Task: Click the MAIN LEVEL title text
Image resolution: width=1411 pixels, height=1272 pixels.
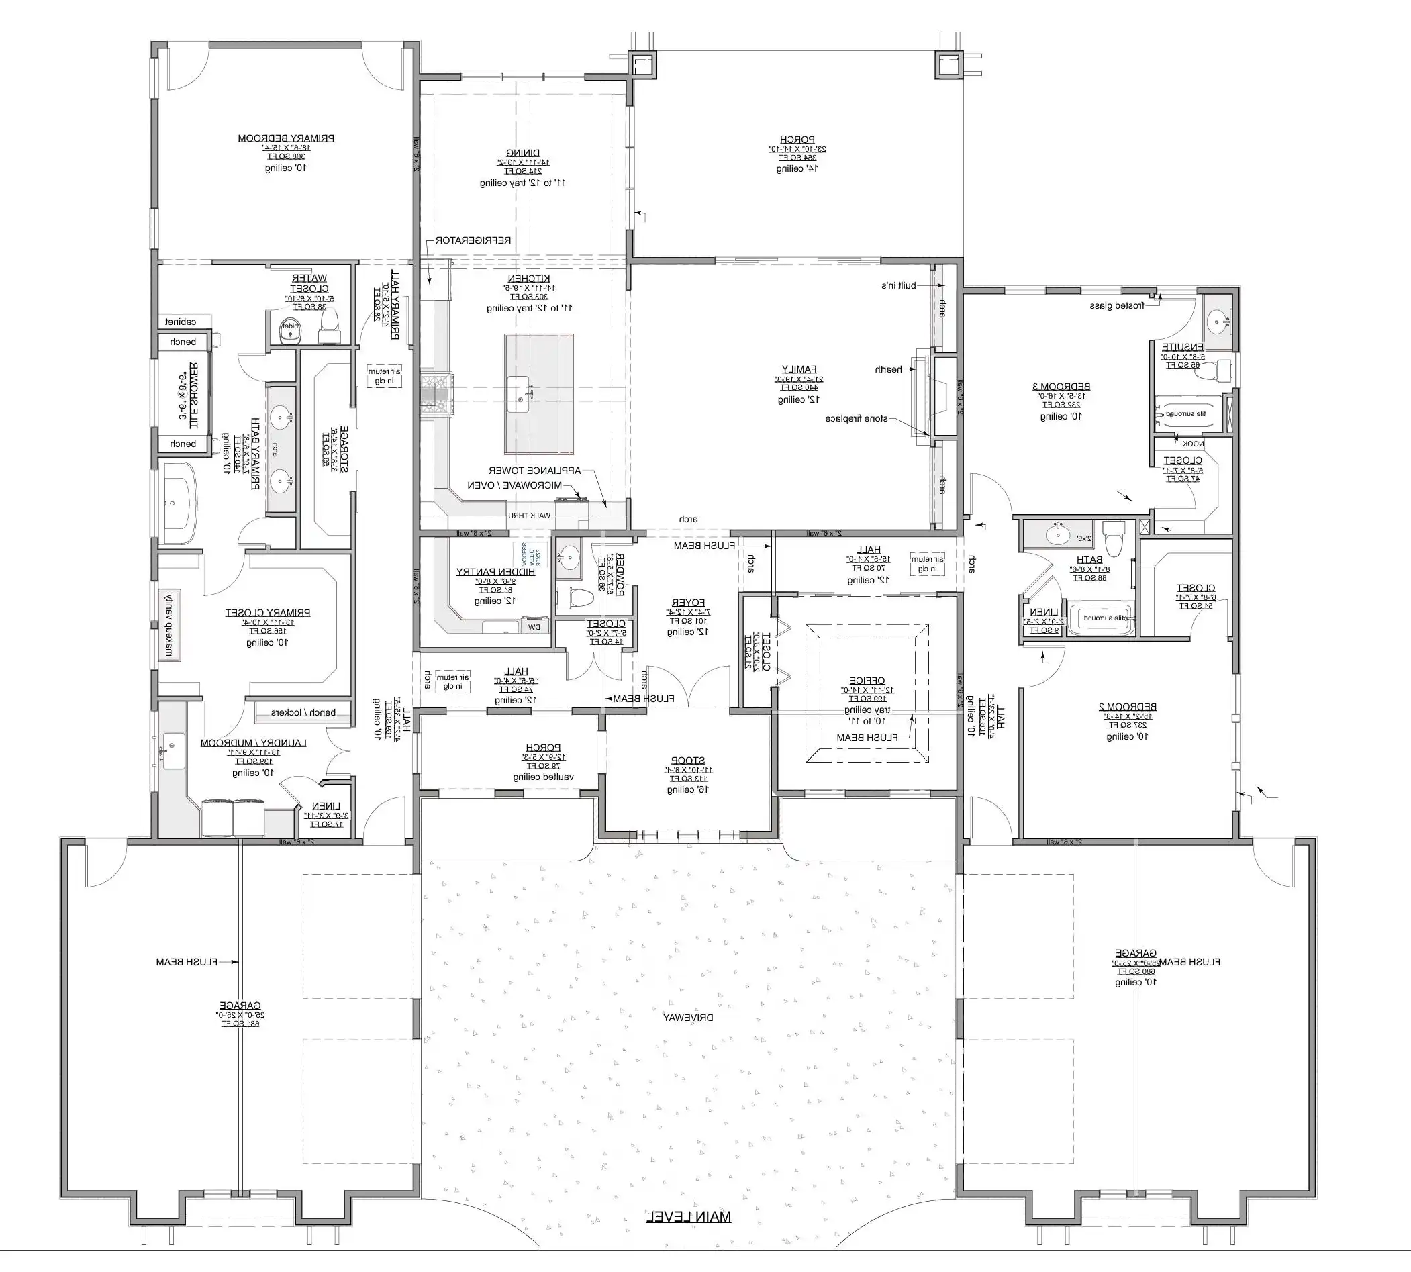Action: pos(688,1217)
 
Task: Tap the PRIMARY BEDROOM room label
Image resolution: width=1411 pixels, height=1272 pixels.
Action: pos(286,138)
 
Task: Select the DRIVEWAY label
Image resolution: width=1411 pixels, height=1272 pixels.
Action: pos(688,1018)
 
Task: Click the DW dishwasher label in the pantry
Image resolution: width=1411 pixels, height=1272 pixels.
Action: pos(534,627)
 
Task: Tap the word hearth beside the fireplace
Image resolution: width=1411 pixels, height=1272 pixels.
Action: pos(886,369)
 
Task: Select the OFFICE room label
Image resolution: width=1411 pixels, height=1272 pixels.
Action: pos(867,680)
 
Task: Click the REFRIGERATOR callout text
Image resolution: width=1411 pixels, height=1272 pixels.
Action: pos(473,240)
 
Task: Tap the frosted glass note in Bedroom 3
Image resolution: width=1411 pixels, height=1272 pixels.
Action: pos(1117,306)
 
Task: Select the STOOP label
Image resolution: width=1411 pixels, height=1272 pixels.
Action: pos(687,760)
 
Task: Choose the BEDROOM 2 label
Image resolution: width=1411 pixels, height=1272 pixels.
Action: pos(1127,707)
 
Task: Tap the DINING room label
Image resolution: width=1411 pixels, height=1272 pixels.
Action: pos(523,153)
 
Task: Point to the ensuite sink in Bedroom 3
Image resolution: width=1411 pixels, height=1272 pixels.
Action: pos(1218,322)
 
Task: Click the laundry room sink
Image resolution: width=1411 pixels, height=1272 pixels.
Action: pos(173,750)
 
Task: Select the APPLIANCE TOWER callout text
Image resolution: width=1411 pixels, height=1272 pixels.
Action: pos(544,471)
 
